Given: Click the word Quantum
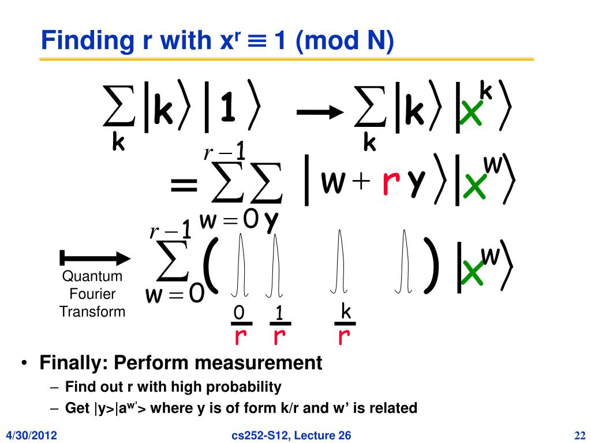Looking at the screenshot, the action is click(92, 276).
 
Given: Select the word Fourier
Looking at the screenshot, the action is click(92, 294).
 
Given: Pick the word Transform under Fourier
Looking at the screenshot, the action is click(92, 312).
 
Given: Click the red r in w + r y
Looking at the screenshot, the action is click(391, 183).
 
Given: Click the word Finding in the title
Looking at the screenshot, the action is click(80, 41).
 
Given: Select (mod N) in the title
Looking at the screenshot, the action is click(345, 42).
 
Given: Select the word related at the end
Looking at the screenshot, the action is click(394, 408).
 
